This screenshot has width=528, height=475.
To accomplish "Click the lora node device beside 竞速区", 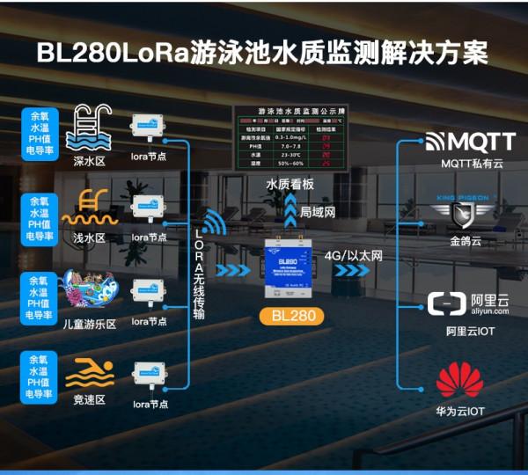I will pos(149,376).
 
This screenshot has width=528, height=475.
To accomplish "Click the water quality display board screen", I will pos(288,136).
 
